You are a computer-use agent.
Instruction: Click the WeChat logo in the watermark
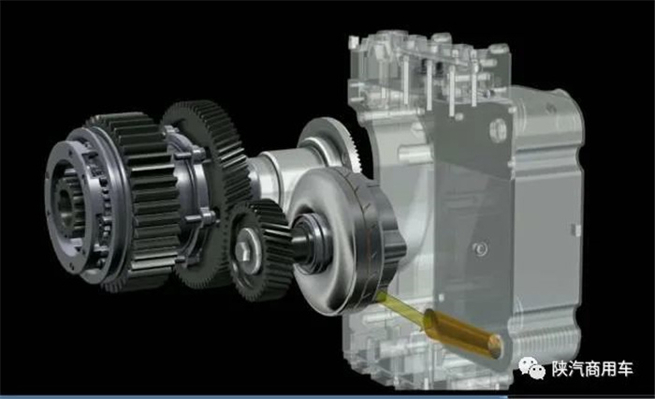(x=531, y=368)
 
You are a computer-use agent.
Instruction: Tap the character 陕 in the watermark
(x=559, y=369)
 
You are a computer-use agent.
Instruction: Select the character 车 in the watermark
(x=626, y=369)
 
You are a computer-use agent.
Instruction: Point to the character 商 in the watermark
(x=592, y=369)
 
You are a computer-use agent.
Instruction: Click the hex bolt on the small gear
(x=243, y=250)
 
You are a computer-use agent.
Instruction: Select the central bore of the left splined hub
(x=65, y=200)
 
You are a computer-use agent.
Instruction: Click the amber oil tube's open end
(x=495, y=346)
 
